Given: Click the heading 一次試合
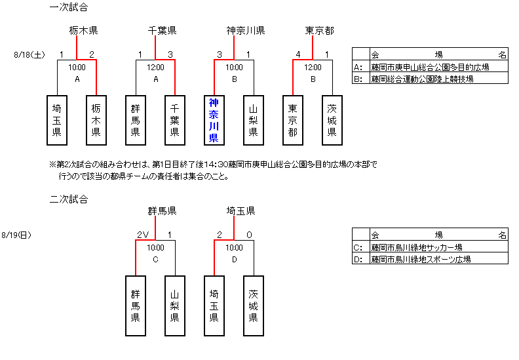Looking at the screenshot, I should (69, 8).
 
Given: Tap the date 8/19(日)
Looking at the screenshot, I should (18, 235).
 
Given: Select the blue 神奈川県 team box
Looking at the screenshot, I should (214, 120).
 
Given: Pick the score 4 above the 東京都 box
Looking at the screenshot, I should (298, 54).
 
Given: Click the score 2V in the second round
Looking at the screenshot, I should (144, 235).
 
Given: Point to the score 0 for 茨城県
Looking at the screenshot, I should (249, 235).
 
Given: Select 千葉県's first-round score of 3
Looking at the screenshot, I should (170, 54).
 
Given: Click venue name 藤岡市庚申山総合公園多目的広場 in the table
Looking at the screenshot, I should (429, 67).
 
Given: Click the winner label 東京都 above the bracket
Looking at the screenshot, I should (319, 30).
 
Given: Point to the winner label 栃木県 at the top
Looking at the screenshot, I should (84, 30).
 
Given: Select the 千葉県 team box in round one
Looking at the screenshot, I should (175, 120).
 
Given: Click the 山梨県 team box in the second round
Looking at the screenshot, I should (175, 306).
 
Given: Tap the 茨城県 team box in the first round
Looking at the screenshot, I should (332, 120).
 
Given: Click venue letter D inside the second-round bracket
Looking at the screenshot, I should (234, 259).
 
